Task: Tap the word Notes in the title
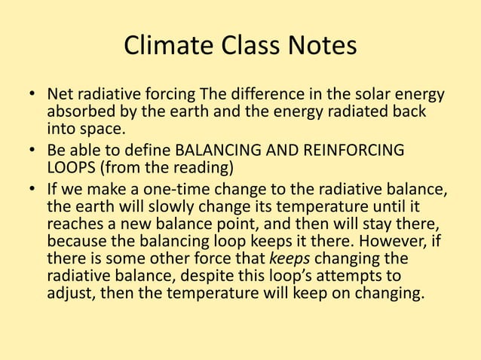pyautogui.click(x=322, y=47)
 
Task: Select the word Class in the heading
pyautogui.click(x=250, y=47)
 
